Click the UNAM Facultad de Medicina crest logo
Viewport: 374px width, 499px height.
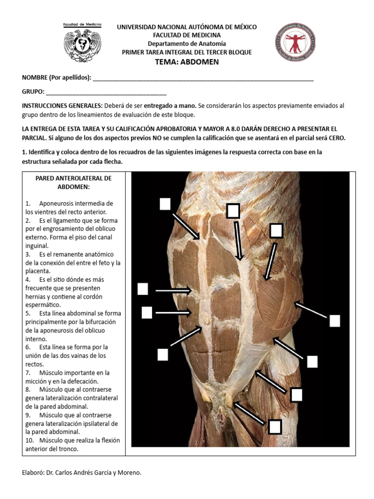coord(82,42)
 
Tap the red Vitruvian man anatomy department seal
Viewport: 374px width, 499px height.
coord(294,41)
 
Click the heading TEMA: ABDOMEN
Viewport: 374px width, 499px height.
coord(187,62)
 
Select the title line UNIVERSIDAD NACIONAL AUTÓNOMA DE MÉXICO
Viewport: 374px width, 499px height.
coord(187,27)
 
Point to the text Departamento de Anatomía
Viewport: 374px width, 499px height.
coord(187,44)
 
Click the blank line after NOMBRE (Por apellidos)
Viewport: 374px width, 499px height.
coord(203,78)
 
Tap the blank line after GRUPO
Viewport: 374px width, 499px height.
coord(106,92)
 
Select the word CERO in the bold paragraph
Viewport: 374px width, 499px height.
coord(335,138)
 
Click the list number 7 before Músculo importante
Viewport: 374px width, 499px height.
coord(28,373)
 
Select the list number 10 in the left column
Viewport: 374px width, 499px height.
coord(30,440)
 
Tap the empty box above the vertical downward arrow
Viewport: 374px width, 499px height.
coord(233,211)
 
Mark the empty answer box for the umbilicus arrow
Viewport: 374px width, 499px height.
coord(163,354)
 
